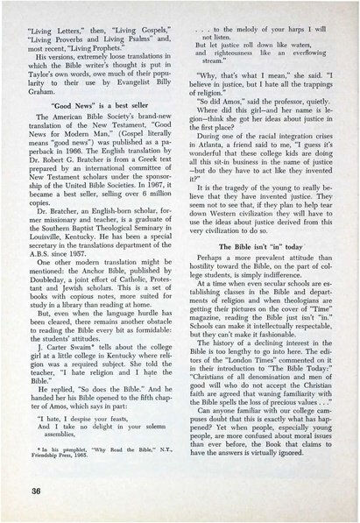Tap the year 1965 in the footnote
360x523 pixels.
[111, 456]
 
